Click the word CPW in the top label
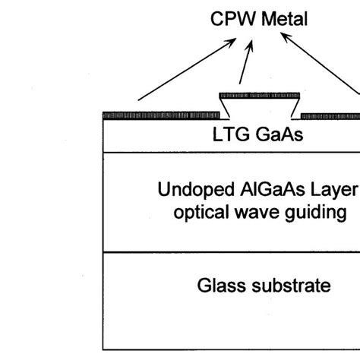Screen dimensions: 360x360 point(233,19)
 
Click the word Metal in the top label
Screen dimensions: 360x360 point(285,19)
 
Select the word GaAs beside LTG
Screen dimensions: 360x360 point(279,134)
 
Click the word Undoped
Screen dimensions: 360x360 point(196,190)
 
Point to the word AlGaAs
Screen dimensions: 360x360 point(273,189)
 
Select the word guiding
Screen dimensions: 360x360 point(315,213)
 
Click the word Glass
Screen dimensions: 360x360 point(221,286)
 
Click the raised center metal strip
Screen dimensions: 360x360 point(260,96)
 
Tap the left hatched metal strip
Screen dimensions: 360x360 point(161,115)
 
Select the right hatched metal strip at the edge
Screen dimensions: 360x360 point(330,116)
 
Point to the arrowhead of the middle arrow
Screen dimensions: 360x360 point(251,44)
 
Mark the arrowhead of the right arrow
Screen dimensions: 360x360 point(283,35)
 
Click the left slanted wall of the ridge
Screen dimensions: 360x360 point(225,109)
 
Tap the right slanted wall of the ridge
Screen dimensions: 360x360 point(295,109)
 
